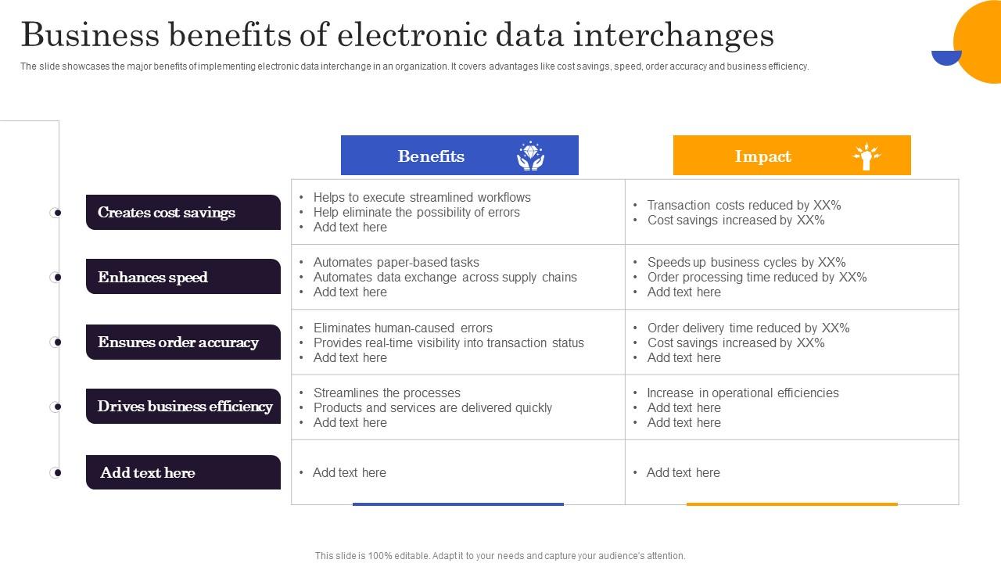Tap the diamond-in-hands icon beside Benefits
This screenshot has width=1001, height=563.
[530, 156]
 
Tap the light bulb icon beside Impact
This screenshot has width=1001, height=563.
[866, 156]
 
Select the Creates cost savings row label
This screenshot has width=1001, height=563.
[183, 213]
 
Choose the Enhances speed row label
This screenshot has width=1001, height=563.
[183, 277]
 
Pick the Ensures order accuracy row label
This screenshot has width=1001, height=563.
[183, 342]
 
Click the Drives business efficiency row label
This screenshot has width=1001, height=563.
[183, 407]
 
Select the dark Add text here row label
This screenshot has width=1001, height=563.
[183, 472]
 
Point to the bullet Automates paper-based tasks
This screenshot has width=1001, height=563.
[396, 263]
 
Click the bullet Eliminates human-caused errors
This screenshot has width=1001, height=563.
[403, 328]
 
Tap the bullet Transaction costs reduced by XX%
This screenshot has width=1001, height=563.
[744, 206]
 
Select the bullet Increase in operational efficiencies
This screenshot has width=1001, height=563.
[742, 393]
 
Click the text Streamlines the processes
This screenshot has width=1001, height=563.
[386, 393]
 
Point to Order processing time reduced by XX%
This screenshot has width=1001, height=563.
[756, 278]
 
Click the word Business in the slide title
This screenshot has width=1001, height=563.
[86, 35]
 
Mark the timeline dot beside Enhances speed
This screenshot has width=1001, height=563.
[56, 277]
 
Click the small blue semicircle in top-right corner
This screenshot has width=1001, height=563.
[946, 57]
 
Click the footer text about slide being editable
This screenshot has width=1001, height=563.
[500, 556]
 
